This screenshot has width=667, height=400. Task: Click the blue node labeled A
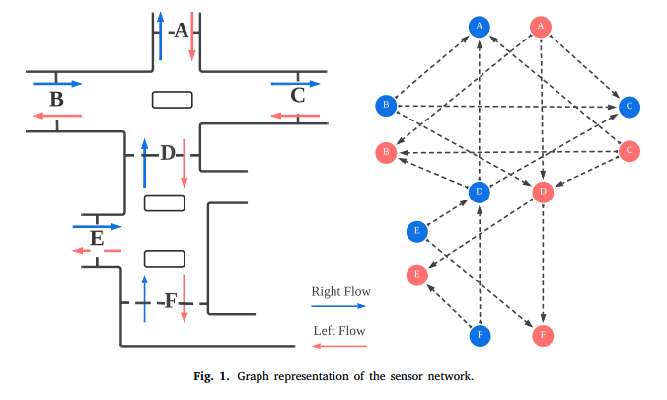[479, 27]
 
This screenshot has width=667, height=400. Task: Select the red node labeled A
[540, 27]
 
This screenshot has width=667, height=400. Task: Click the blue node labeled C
[630, 105]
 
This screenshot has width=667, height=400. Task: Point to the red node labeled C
[630, 151]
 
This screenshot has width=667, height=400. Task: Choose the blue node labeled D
[479, 192]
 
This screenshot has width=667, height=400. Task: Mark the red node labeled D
[542, 192]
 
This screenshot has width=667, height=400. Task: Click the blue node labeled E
[417, 232]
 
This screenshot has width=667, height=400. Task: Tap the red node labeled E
[417, 275]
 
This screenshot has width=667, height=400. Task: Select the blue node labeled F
[479, 335]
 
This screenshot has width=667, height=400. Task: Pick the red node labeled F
[541, 335]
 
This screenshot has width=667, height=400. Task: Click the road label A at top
[180, 31]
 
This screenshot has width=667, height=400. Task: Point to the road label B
[56, 99]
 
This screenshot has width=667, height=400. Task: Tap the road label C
[298, 96]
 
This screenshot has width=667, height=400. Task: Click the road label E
[96, 238]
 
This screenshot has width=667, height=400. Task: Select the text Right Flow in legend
[340, 291]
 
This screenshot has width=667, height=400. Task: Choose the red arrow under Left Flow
[339, 346]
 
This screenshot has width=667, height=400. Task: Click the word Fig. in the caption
[204, 376]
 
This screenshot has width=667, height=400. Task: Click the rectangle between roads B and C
[172, 99]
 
